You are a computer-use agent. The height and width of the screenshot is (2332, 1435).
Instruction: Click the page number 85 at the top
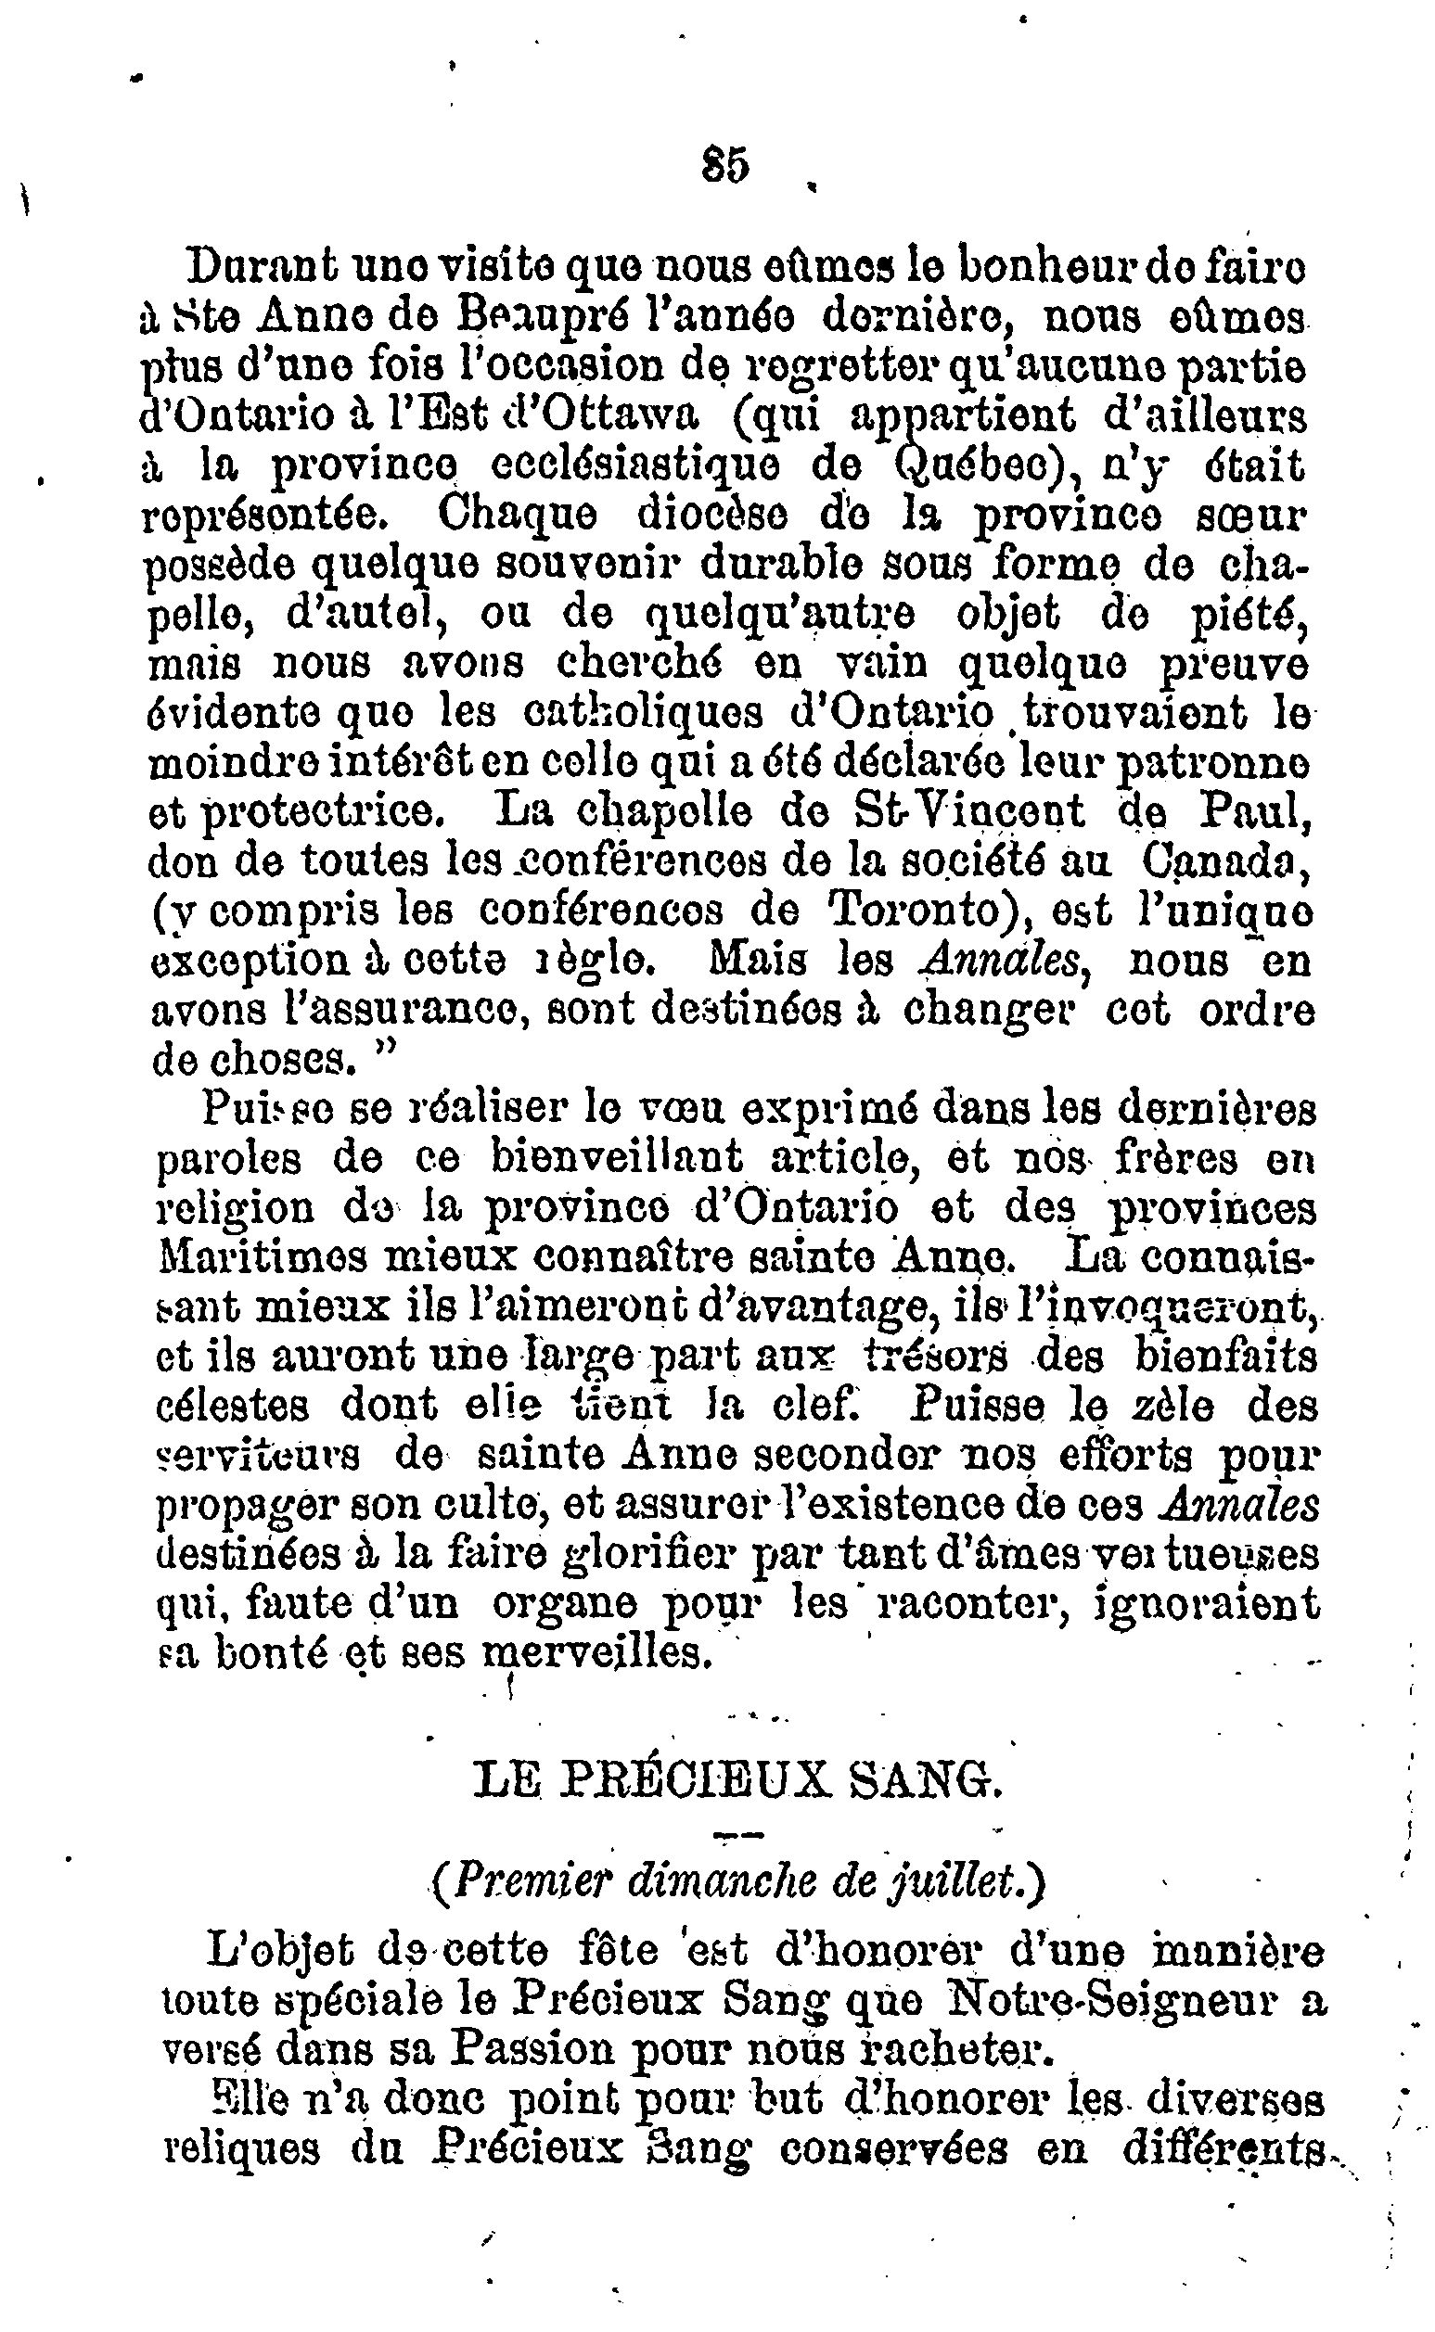pos(726,164)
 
